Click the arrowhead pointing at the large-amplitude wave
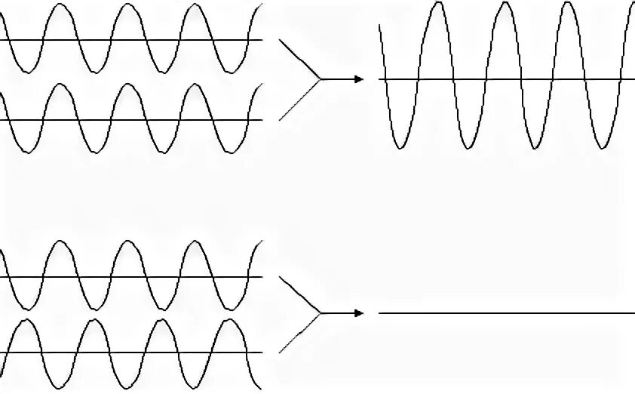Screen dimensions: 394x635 pyautogui.click(x=359, y=79)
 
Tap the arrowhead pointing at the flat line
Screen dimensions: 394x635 pyautogui.click(x=359, y=313)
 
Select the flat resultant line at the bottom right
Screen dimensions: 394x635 pyautogui.click(x=505, y=313)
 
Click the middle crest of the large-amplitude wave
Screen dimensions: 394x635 pyautogui.click(x=503, y=4)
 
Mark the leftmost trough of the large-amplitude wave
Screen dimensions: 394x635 pyautogui.click(x=402, y=147)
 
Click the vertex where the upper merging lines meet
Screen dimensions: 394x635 pyautogui.click(x=321, y=79)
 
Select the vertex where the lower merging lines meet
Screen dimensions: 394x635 pyautogui.click(x=321, y=313)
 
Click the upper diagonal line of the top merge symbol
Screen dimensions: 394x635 pyautogui.click(x=300, y=59)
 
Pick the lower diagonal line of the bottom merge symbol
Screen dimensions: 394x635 pyautogui.click(x=300, y=333)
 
